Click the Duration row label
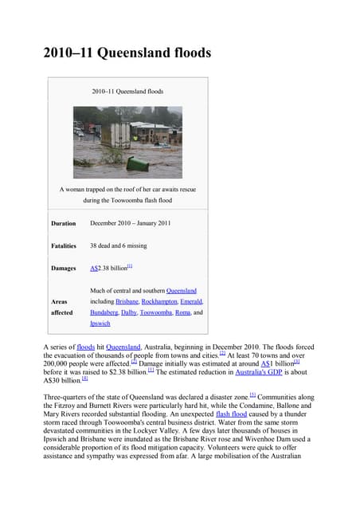coord(64,224)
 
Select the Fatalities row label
coord(65,246)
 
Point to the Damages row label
coord(65,269)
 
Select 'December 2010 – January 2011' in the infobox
coord(130,224)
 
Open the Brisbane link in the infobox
coord(127,302)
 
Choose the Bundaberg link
coord(104,313)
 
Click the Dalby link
coord(129,313)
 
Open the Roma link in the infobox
coord(183,313)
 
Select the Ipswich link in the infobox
coord(100,324)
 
